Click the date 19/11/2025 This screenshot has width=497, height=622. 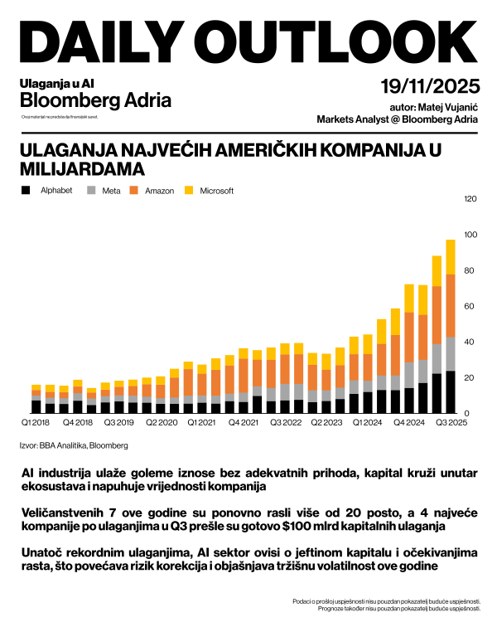coord(429,86)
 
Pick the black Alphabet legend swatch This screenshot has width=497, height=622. coord(26,191)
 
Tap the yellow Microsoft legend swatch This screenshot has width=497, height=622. coord(189,191)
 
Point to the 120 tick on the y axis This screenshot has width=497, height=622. coord(471,199)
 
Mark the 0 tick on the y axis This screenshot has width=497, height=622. coord(466,413)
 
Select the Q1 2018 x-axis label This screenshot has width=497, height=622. coord(35,422)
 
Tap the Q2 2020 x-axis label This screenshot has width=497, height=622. coord(162,422)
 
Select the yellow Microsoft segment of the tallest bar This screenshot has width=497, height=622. coord(451,257)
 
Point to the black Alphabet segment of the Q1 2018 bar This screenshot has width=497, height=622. coord(36,406)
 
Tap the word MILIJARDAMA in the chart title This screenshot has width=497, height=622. coord(82,168)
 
